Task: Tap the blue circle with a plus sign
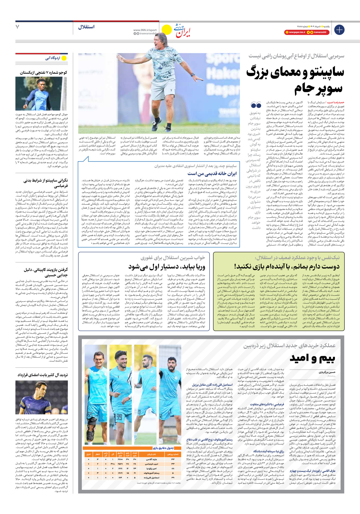(339, 30)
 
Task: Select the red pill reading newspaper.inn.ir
(295, 32)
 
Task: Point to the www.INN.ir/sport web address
(145, 30)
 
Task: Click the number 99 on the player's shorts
(119, 417)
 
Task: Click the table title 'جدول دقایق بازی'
(163, 448)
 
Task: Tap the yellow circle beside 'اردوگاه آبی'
(64, 58)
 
